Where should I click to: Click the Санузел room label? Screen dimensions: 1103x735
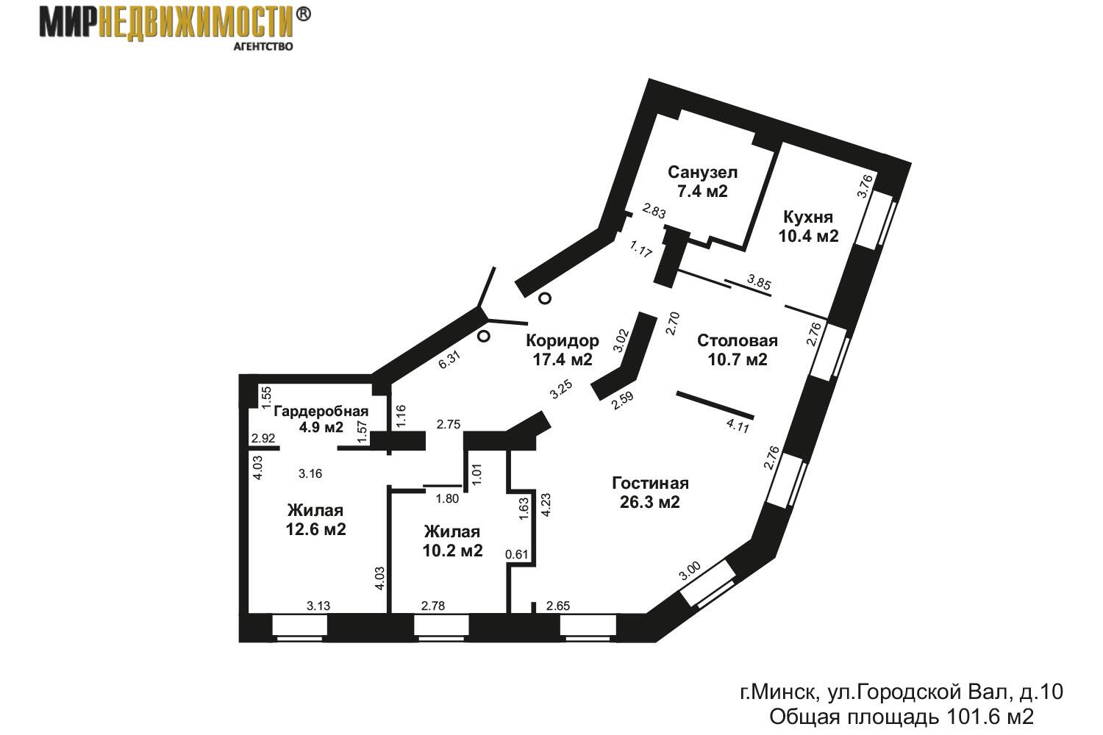pyautogui.click(x=703, y=172)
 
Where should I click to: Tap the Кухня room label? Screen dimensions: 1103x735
pyautogui.click(x=808, y=217)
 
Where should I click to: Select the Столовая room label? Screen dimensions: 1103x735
pyautogui.click(x=738, y=340)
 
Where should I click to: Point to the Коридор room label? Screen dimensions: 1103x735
pyautogui.click(x=563, y=340)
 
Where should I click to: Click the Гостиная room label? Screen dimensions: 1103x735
pyautogui.click(x=650, y=484)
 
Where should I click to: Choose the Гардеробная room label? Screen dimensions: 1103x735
pyautogui.click(x=321, y=411)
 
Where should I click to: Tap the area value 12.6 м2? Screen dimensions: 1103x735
pyautogui.click(x=316, y=529)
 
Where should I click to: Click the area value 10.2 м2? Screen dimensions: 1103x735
pyautogui.click(x=452, y=551)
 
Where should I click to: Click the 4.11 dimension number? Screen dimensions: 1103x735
pyautogui.click(x=738, y=426)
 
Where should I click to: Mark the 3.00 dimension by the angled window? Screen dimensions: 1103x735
pyautogui.click(x=690, y=572)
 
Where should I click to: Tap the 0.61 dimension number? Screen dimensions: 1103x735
pyautogui.click(x=517, y=554)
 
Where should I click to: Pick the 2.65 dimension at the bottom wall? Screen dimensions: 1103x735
pyautogui.click(x=558, y=606)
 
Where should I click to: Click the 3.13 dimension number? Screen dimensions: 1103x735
pyautogui.click(x=318, y=606)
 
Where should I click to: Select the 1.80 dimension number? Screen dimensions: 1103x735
pyautogui.click(x=447, y=498)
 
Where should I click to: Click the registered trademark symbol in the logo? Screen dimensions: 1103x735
pyautogui.click(x=303, y=14)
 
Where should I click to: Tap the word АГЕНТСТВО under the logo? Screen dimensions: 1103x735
pyautogui.click(x=263, y=47)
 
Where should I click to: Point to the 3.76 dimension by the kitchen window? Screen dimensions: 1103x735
pyautogui.click(x=865, y=186)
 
